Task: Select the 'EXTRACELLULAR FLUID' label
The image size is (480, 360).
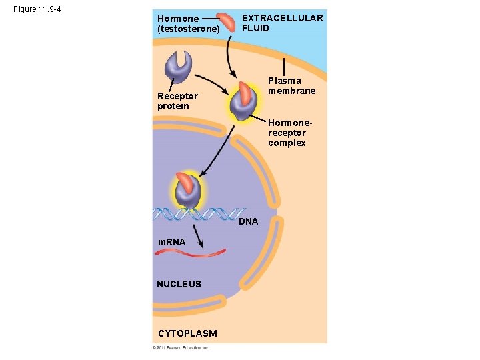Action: click(x=282, y=23)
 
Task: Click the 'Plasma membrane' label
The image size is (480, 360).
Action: click(x=291, y=85)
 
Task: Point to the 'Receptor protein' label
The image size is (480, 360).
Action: click(x=177, y=101)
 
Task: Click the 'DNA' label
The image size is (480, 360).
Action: click(x=248, y=221)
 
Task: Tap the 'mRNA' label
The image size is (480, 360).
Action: click(x=171, y=242)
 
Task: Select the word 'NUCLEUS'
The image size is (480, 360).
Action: click(x=179, y=284)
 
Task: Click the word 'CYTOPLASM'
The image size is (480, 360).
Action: click(x=187, y=333)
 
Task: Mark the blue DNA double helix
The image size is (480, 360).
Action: click(x=200, y=214)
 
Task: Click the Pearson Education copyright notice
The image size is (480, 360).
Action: click(x=181, y=348)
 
